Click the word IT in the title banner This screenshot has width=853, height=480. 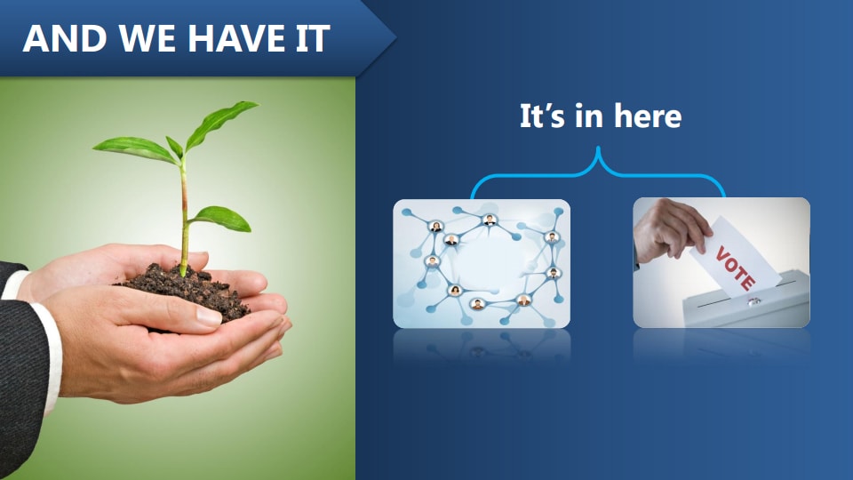tap(308, 39)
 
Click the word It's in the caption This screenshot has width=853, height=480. tap(541, 116)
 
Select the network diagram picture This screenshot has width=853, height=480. tap(482, 263)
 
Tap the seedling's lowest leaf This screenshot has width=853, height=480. tap(220, 218)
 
